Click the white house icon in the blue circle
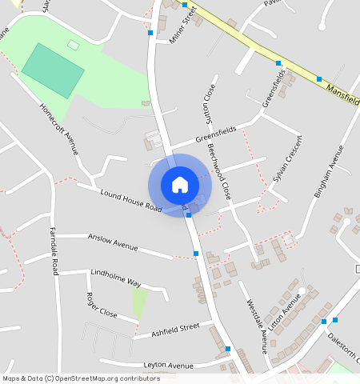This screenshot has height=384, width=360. click(x=180, y=184)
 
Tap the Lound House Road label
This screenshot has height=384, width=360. click(x=132, y=201)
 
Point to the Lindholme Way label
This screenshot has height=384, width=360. click(x=115, y=278)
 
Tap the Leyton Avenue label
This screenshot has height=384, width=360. click(x=168, y=366)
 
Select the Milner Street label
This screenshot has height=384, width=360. click(x=183, y=25)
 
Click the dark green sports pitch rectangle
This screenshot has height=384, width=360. click(x=53, y=71)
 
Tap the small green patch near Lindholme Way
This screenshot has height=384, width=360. click(x=140, y=302)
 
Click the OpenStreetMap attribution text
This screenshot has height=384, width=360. click(x=71, y=378)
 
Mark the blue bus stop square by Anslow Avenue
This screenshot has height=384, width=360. click(x=196, y=254)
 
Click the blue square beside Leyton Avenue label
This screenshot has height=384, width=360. click(x=228, y=349)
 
